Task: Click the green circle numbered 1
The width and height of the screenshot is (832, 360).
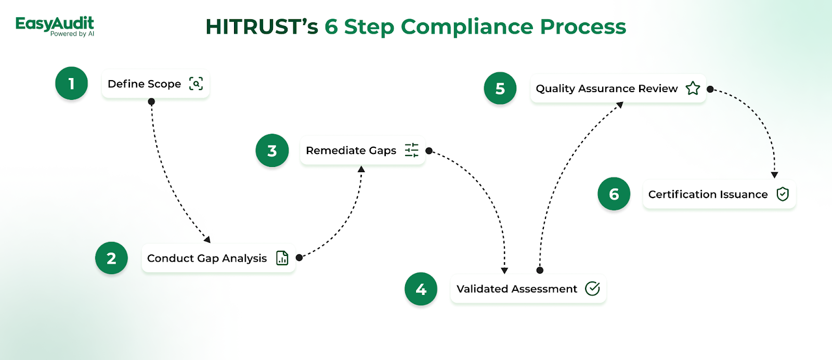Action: pyautogui.click(x=71, y=83)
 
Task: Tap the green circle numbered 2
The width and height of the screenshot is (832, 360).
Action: pyautogui.click(x=111, y=258)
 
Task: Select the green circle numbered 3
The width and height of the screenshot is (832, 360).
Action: pyautogui.click(x=272, y=150)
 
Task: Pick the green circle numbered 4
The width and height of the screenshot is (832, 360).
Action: pyautogui.click(x=421, y=289)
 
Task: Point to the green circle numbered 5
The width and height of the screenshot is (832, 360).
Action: pyautogui.click(x=500, y=88)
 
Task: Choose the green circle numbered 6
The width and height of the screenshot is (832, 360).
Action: pyautogui.click(x=614, y=194)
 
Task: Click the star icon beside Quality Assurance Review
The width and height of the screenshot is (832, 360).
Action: pyautogui.click(x=693, y=88)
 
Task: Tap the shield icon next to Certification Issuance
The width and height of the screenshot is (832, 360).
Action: pyautogui.click(x=783, y=194)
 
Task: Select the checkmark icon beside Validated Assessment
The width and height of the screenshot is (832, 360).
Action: pyautogui.click(x=592, y=289)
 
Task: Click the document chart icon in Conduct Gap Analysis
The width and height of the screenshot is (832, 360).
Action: pyautogui.click(x=282, y=258)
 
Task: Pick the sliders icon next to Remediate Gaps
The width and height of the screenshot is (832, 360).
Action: pyautogui.click(x=411, y=150)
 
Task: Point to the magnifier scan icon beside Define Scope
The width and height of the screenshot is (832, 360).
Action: pyautogui.click(x=196, y=84)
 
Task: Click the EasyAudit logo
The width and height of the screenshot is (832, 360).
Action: pyautogui.click(x=55, y=27)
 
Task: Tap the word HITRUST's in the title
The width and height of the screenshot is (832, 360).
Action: pyautogui.click(x=262, y=27)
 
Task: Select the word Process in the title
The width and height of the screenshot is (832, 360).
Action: pyautogui.click(x=583, y=27)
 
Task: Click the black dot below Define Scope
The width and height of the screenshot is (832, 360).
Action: pyautogui.click(x=151, y=101)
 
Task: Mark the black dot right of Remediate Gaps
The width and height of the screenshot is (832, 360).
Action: pyautogui.click(x=429, y=150)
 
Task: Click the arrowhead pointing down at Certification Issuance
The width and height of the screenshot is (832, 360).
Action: pyautogui.click(x=774, y=175)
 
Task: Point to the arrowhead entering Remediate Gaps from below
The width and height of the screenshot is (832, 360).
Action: pyautogui.click(x=361, y=169)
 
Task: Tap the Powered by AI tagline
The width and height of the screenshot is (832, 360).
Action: pyautogui.click(x=72, y=34)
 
